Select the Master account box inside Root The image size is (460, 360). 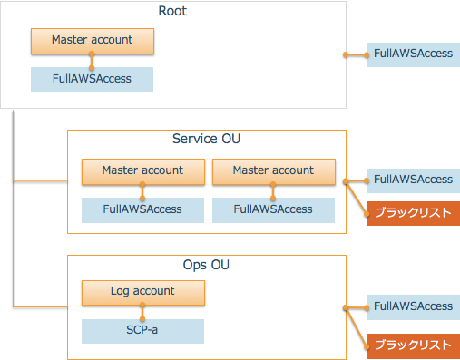point(92,40)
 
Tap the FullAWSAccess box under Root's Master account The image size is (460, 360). point(92,79)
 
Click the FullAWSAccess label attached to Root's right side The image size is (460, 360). point(412,54)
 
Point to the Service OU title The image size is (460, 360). point(206,140)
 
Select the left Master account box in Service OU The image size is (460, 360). point(142,170)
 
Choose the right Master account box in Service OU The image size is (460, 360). point(273,170)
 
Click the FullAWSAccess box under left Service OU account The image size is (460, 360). point(142,209)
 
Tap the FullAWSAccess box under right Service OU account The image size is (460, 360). point(273,209)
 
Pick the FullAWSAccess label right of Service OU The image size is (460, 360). point(412,180)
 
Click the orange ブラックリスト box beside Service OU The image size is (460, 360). point(412,214)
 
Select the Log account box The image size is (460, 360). point(142,292)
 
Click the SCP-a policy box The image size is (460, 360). point(142,331)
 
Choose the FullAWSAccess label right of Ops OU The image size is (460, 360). point(412,306)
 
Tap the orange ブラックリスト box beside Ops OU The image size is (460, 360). point(412,345)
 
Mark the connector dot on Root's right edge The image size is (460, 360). point(346,54)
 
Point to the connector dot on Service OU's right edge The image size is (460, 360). point(346,180)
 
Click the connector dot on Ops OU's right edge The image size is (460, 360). point(346,307)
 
